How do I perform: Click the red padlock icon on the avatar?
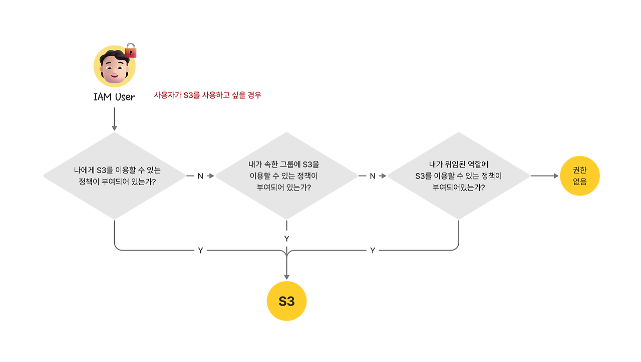[131, 50]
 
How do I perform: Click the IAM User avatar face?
[115, 66]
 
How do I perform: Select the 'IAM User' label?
[114, 97]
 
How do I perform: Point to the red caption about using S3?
[207, 95]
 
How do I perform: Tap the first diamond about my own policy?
[114, 175]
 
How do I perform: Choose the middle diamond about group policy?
[286, 175]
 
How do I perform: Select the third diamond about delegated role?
[459, 175]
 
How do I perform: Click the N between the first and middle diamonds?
[200, 176]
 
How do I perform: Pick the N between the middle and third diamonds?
[373, 176]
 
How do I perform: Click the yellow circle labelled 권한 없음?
[579, 176]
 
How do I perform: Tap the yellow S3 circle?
[286, 301]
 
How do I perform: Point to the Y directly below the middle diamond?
[286, 238]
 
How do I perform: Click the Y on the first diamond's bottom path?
[200, 250]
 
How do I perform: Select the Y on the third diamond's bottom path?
[373, 250]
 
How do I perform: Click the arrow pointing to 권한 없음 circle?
[544, 176]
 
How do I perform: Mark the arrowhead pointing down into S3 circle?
[286, 276]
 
